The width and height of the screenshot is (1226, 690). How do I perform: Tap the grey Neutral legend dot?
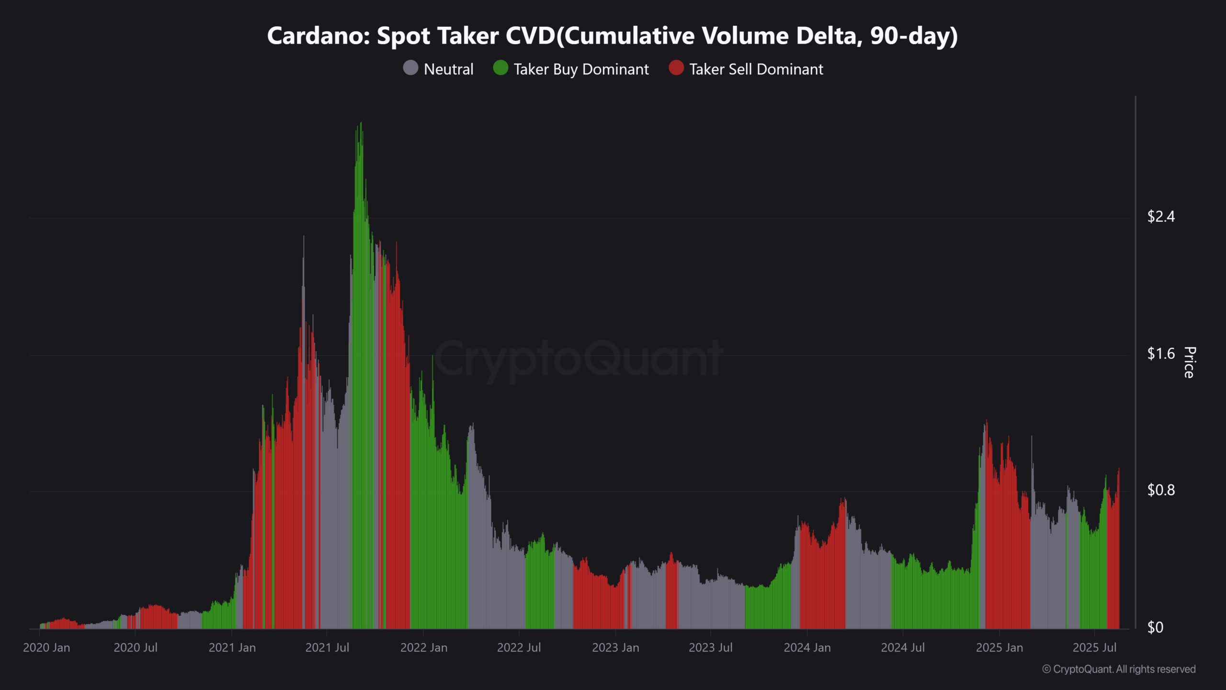point(410,68)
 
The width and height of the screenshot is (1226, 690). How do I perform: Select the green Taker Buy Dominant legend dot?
point(500,68)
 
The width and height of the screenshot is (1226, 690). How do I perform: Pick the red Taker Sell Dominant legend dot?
point(676,68)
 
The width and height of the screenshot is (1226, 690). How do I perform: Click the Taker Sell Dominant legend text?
point(756,69)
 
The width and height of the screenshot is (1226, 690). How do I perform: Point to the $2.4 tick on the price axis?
point(1161,217)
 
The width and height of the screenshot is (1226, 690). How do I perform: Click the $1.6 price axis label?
point(1161,354)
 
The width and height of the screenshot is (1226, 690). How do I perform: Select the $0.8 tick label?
point(1161,490)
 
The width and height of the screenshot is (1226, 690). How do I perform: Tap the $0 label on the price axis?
point(1155,627)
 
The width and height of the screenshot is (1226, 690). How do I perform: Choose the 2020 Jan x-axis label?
point(46,648)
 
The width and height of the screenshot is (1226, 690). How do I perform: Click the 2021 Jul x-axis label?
point(327,648)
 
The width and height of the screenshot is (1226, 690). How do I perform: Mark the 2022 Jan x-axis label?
point(424,648)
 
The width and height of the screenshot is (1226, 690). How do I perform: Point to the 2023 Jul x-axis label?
point(711,648)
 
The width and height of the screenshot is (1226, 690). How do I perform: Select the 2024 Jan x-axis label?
point(807,648)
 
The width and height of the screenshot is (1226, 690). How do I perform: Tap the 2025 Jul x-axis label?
point(1094,648)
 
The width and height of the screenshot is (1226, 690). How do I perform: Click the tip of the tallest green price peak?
point(361,123)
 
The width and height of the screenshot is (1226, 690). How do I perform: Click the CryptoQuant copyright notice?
point(1119,669)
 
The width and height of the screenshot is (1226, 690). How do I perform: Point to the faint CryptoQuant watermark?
point(578,359)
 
